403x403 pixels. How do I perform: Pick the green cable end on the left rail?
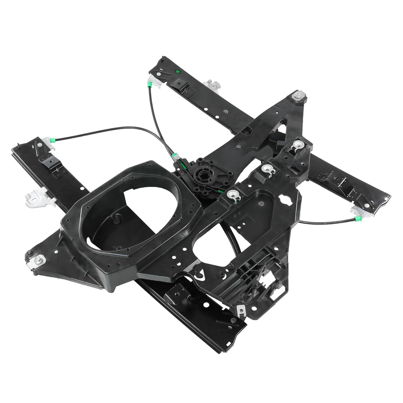pyautogui.click(x=53, y=139)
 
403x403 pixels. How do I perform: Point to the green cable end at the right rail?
pyautogui.click(x=357, y=218)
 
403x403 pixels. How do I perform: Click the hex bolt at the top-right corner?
pyautogui.click(x=298, y=95)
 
